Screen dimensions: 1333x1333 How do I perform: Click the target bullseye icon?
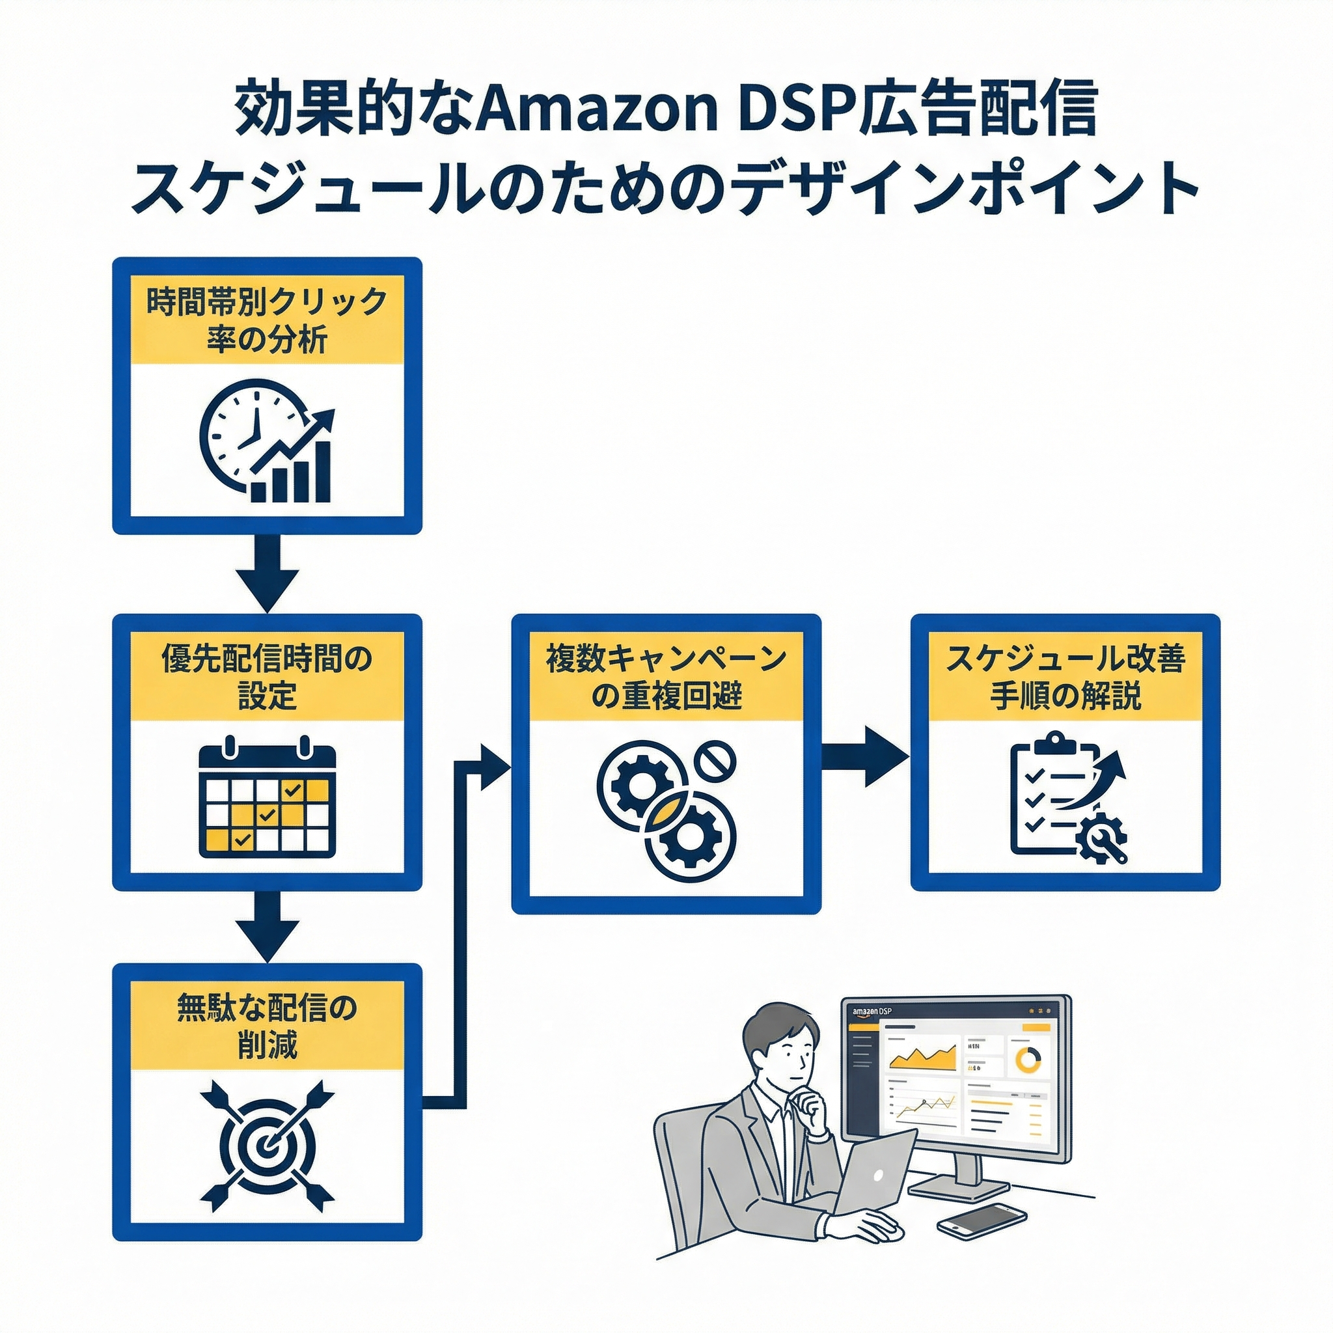[267, 1146]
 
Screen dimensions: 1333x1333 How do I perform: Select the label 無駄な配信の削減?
[267, 1027]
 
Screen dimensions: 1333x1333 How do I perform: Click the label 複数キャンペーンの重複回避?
[666, 678]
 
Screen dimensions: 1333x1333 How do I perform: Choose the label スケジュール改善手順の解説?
[1065, 678]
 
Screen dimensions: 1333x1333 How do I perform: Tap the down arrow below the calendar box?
[267, 926]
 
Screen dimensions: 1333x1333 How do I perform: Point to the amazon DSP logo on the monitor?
[872, 1012]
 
